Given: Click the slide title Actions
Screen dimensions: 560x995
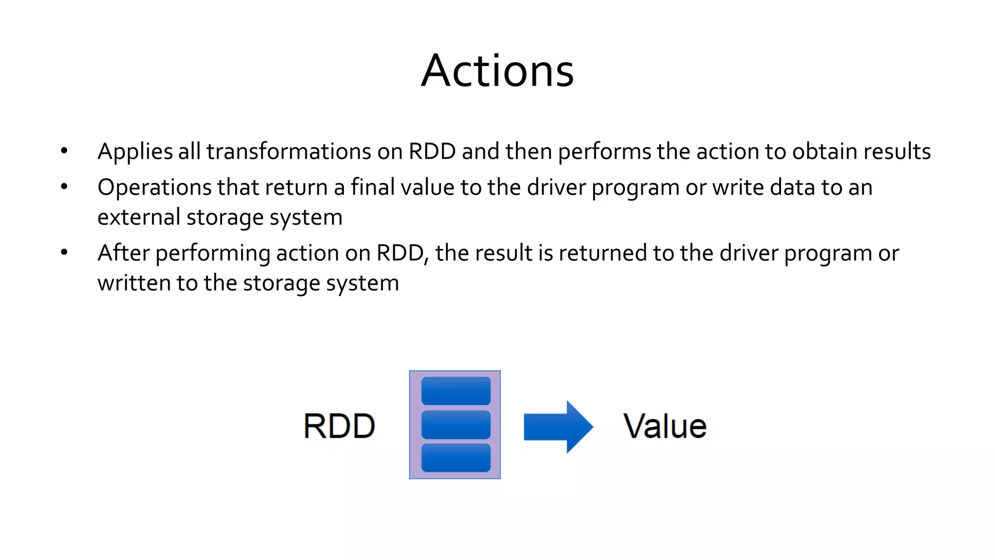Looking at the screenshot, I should click(497, 71).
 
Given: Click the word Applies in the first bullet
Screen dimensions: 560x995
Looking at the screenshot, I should click(135, 152).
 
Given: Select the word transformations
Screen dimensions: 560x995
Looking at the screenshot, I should click(289, 151).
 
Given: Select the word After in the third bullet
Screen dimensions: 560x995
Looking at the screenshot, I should click(123, 253).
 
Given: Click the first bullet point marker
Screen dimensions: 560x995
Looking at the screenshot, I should click(64, 151).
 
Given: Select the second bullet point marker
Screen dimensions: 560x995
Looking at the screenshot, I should click(64, 187).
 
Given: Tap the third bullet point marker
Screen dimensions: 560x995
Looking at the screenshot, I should click(64, 253).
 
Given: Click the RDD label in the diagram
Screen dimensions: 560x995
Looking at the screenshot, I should click(339, 426).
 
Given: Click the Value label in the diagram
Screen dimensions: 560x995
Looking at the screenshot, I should click(665, 426).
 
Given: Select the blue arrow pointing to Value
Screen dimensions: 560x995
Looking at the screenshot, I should click(558, 427).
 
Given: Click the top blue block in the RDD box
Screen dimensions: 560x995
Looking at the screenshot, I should click(456, 391).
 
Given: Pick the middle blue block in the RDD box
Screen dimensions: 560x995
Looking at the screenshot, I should click(456, 425).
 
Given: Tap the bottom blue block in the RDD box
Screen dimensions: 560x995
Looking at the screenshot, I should click(456, 458).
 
